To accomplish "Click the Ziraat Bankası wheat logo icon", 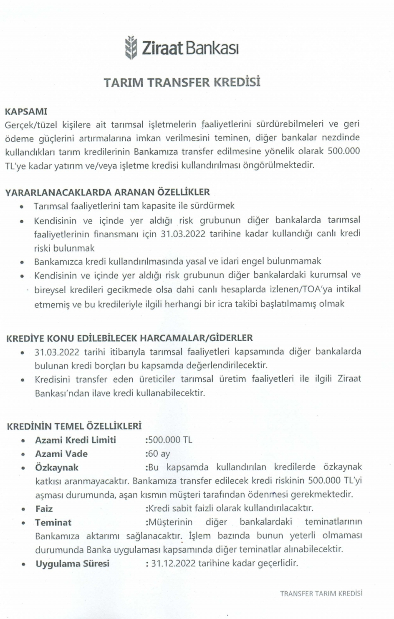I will (x=131, y=48).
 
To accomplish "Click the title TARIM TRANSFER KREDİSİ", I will (x=182, y=82).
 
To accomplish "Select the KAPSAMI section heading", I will (x=26, y=111).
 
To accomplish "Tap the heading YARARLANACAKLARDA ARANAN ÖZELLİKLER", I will (x=107, y=192).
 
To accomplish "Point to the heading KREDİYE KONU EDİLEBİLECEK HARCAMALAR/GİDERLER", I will (x=129, y=338).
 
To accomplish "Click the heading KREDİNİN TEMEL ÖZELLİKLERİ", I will (x=74, y=426).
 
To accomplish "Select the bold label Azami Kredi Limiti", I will (x=76, y=440).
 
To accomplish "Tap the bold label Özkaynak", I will (x=57, y=468).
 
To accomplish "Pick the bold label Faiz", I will (x=44, y=509).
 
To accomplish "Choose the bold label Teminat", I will (x=53, y=523).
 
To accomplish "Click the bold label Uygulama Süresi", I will (x=72, y=564).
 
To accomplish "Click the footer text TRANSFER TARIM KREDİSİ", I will (x=321, y=593).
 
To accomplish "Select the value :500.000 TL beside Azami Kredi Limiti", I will (x=169, y=440).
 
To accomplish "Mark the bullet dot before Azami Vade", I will (x=23, y=455).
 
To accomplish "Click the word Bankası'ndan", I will (x=61, y=393).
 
